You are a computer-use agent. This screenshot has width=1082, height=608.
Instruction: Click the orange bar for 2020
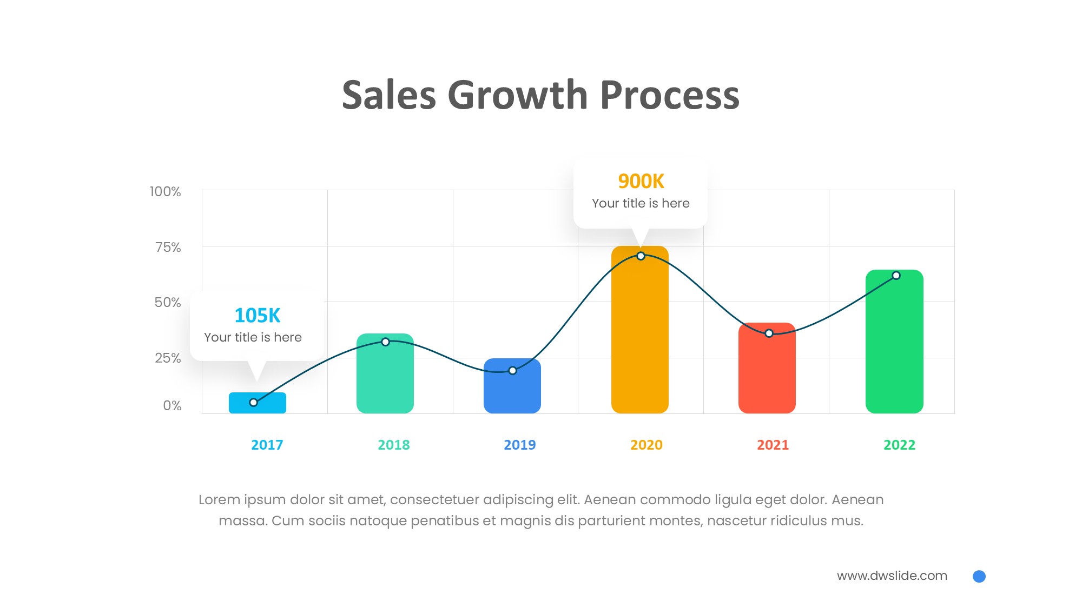click(640, 335)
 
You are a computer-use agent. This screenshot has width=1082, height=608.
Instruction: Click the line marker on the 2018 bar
click(385, 342)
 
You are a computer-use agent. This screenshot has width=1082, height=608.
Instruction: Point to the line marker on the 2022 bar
click(896, 276)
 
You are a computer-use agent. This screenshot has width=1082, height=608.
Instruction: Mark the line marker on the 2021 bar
click(769, 333)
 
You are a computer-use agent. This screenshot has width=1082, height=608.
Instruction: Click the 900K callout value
click(641, 182)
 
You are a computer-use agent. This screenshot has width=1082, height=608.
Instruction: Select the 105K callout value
click(258, 316)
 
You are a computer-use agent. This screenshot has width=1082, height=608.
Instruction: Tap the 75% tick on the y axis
click(168, 248)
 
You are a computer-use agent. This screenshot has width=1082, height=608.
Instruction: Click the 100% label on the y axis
click(166, 192)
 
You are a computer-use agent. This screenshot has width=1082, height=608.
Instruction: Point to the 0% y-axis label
click(172, 406)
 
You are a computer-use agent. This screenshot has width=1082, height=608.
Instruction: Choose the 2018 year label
click(394, 445)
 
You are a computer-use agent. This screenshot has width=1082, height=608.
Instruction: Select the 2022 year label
click(899, 445)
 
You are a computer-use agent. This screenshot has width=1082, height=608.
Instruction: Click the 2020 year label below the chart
click(646, 445)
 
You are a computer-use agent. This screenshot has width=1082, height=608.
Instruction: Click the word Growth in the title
click(518, 96)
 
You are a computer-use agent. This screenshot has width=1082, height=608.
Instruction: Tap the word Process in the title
click(670, 96)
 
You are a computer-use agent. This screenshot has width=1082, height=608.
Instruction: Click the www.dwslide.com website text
click(892, 576)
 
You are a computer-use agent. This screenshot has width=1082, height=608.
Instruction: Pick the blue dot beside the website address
click(979, 577)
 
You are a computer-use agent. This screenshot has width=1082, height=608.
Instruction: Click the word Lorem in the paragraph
click(219, 500)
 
